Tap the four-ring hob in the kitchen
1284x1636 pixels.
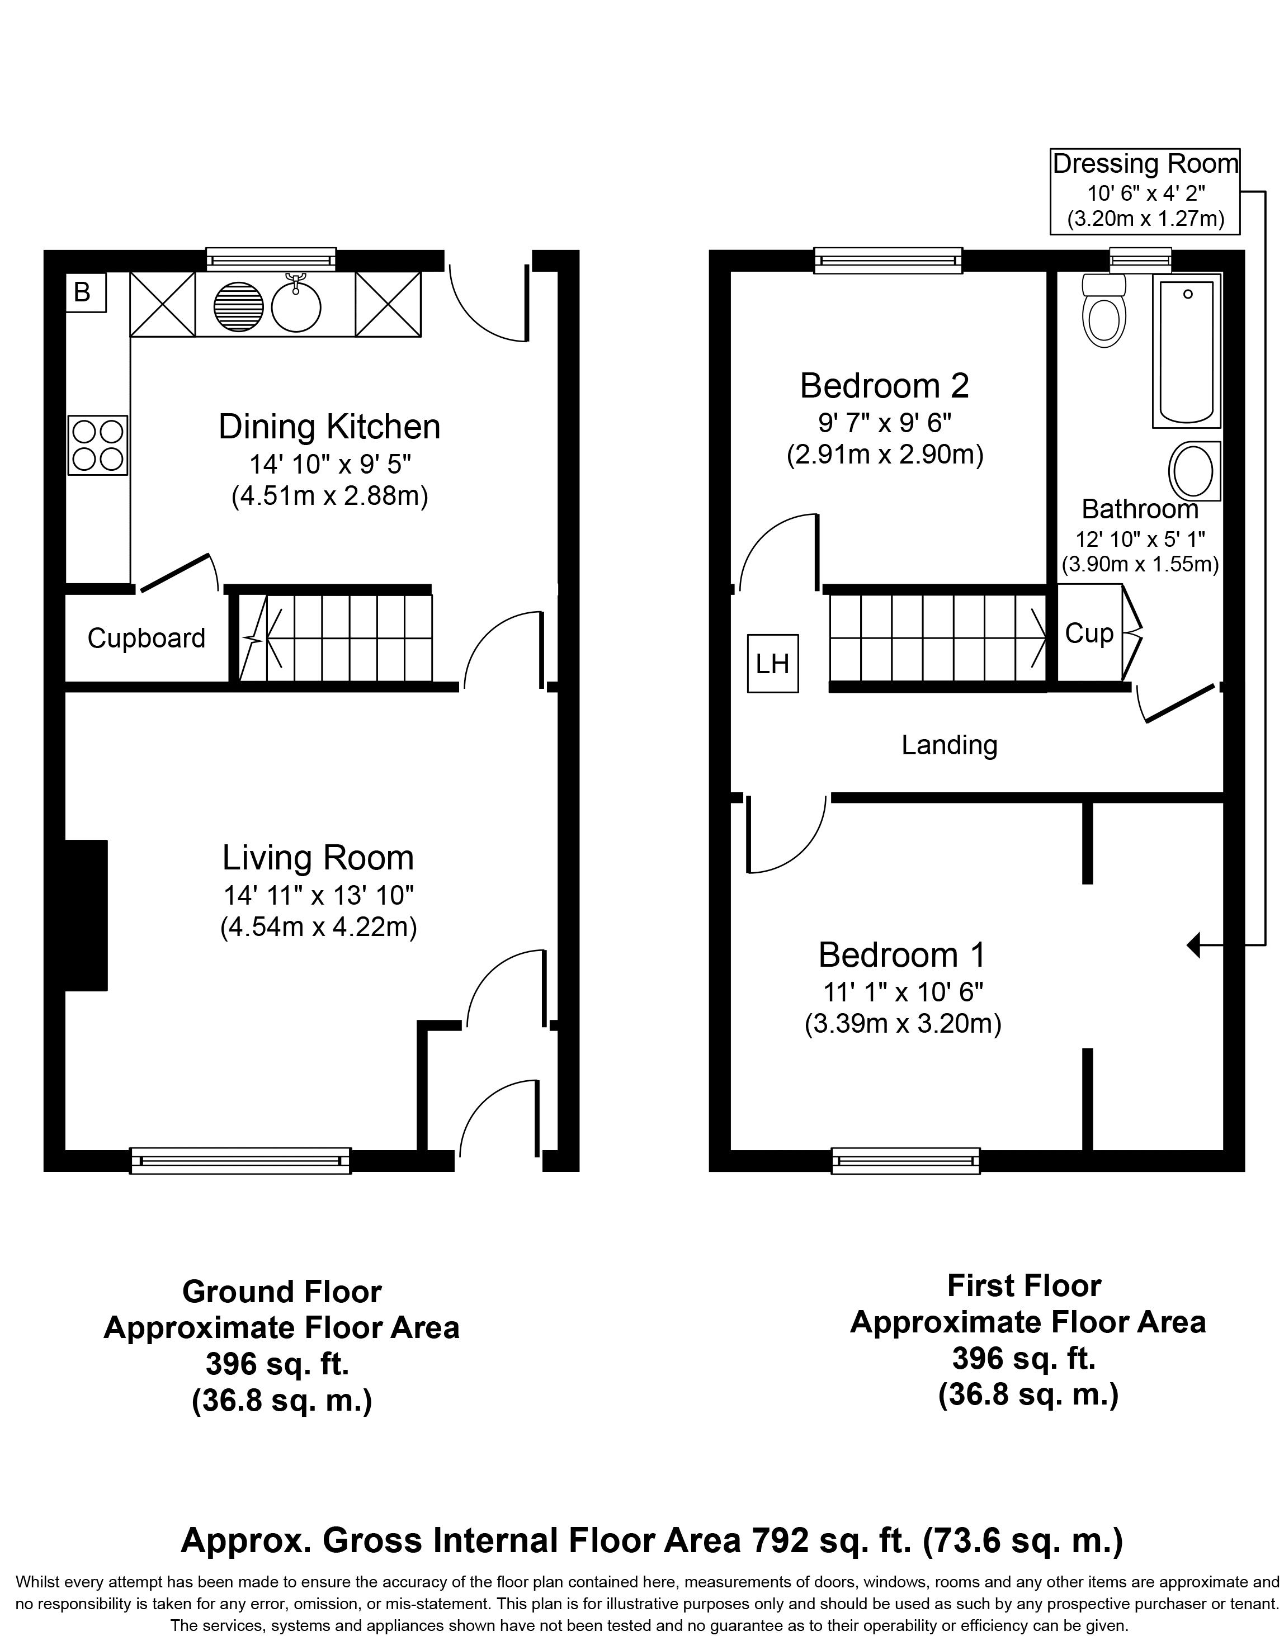tap(98, 446)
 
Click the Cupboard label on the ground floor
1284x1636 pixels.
tap(146, 638)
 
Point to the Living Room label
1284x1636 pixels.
tap(318, 858)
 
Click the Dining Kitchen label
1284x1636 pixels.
tap(329, 426)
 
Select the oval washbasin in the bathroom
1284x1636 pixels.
tap(1195, 470)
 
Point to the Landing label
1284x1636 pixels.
tap(950, 745)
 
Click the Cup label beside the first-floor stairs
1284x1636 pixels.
tap(1089, 633)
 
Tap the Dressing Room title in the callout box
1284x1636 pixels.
tap(1145, 163)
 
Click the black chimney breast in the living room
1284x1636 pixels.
tap(87, 915)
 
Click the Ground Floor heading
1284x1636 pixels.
tap(282, 1292)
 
